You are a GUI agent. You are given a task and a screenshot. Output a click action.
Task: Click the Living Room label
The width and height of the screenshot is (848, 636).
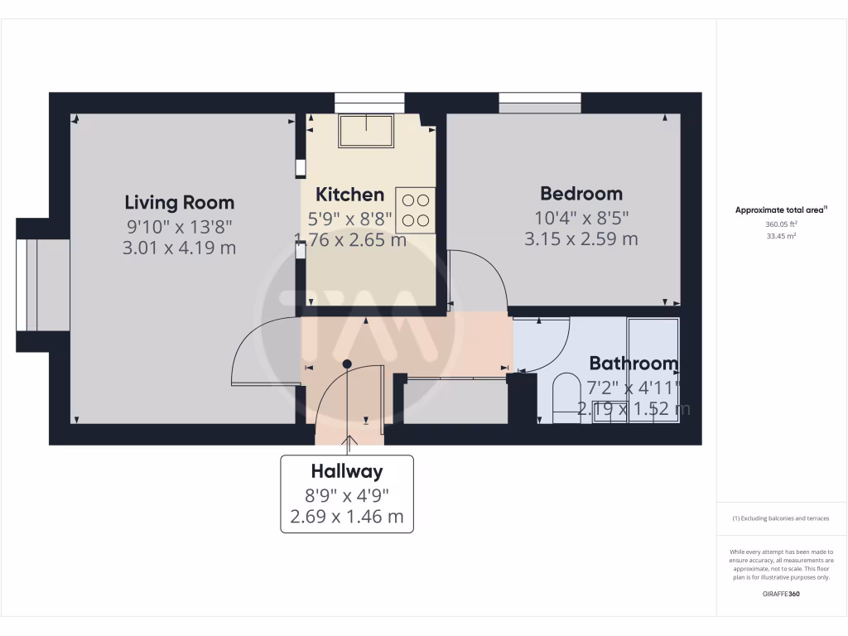tap(180, 202)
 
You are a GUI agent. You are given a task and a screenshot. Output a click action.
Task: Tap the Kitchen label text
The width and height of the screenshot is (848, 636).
tap(350, 195)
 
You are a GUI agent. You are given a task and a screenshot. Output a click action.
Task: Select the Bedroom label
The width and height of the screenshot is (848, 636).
tap(581, 193)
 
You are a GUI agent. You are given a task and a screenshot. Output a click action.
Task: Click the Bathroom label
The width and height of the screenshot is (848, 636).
tap(634, 363)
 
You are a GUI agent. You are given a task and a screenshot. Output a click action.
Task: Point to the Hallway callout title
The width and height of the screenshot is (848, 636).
tap(347, 471)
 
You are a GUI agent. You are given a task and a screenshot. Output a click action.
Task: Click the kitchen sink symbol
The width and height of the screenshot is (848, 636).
tap(365, 131)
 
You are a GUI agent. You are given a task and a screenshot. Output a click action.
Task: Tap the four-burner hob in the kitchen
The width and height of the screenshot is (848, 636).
tap(416, 210)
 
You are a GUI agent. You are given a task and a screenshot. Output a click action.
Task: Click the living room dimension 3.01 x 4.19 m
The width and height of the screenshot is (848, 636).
tap(180, 247)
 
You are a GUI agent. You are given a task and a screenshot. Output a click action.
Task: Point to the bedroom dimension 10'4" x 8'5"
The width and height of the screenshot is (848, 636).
tap(581, 218)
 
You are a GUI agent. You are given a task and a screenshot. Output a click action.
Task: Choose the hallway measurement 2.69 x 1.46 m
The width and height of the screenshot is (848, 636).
tap(347, 517)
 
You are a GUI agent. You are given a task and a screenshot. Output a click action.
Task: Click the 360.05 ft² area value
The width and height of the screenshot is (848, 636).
tap(781, 224)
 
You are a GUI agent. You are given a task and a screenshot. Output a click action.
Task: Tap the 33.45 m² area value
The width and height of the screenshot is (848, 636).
tap(781, 236)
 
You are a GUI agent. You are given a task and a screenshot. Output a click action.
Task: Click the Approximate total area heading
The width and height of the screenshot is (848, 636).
tap(781, 210)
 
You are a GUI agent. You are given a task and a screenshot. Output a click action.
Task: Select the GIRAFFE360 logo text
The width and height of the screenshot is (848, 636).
tap(781, 594)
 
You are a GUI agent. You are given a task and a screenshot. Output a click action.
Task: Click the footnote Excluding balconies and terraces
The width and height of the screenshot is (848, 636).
tap(781, 518)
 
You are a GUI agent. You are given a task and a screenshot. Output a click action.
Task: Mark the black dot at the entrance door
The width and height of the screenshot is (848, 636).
tap(347, 364)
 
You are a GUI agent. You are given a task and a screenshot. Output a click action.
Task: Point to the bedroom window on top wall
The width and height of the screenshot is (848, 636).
tap(539, 103)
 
